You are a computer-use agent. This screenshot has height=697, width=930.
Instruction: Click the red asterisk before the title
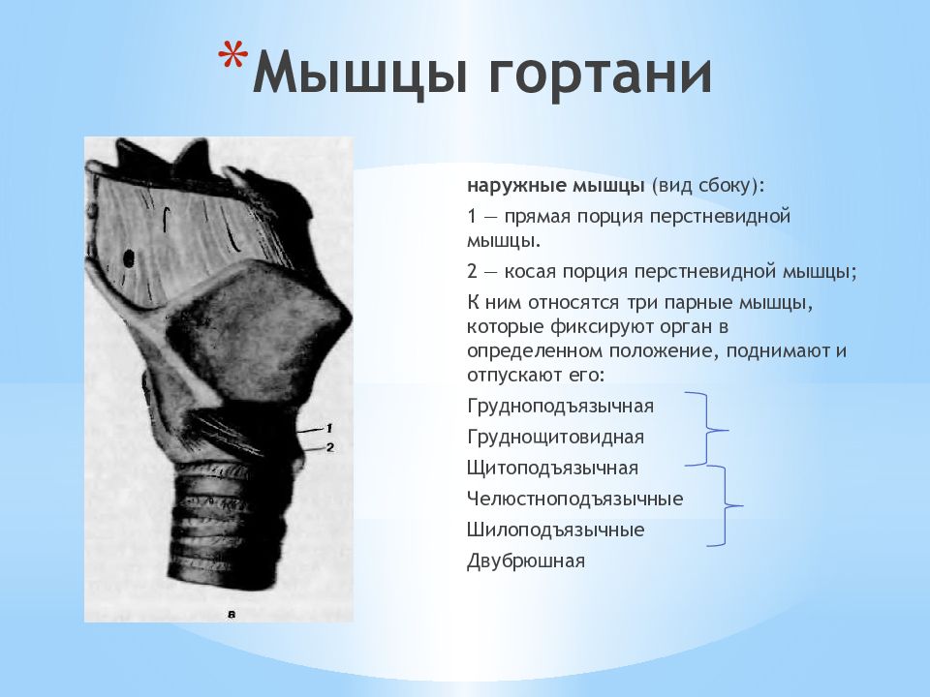232,57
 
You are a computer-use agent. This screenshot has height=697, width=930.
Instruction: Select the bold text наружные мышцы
555,186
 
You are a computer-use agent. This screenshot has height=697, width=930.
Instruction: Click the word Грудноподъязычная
560,408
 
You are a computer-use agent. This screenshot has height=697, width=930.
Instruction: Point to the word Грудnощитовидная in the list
555,438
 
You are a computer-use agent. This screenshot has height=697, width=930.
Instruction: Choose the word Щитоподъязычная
552,469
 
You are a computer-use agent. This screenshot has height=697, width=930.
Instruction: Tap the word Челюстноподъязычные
574,500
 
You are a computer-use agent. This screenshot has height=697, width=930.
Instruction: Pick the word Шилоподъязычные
555,530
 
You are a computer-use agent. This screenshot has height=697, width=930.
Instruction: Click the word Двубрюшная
525,561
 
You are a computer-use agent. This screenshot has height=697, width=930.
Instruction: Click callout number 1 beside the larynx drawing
329,428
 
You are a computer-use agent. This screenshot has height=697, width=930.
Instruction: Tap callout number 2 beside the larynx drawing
329,447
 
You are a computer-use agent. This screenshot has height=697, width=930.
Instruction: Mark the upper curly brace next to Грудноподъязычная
707,429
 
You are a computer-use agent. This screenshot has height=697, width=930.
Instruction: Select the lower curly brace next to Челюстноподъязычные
725,506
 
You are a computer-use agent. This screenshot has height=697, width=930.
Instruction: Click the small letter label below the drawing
232,616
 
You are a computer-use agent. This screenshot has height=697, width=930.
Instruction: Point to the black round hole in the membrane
128,258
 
